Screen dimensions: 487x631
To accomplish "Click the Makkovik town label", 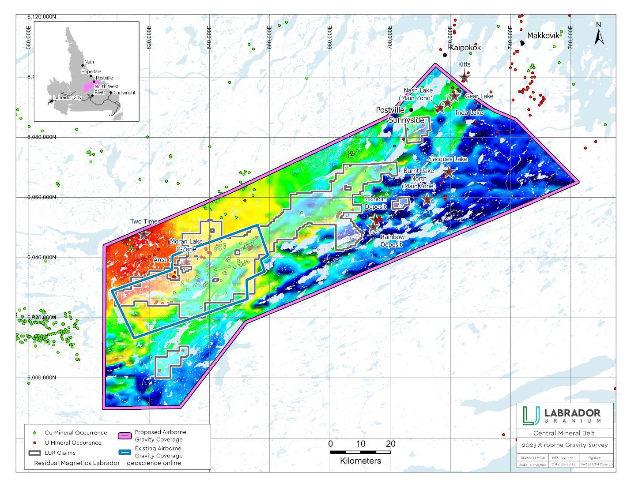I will click(543, 36).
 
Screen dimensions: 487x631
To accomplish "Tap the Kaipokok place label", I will click(465, 48).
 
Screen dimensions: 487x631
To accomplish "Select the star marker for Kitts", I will click(464, 78).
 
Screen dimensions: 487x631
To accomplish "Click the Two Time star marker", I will click(144, 235).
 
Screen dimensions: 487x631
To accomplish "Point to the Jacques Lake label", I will click(448, 159).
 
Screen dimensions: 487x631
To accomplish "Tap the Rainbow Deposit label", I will click(393, 240).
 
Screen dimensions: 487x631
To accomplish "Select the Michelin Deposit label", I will click(375, 203).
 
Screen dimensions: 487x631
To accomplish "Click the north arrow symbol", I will click(599, 34).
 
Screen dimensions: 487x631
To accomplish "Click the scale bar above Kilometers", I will click(360, 452).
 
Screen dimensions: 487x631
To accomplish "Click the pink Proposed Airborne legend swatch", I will click(125, 436).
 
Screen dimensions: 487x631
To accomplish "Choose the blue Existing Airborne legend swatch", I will click(125, 452).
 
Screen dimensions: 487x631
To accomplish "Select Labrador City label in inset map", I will click(67, 97).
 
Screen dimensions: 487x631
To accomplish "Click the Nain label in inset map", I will click(89, 62).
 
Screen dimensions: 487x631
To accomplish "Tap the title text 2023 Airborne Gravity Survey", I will click(565, 445).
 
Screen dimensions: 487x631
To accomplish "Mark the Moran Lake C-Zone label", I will click(186, 245).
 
